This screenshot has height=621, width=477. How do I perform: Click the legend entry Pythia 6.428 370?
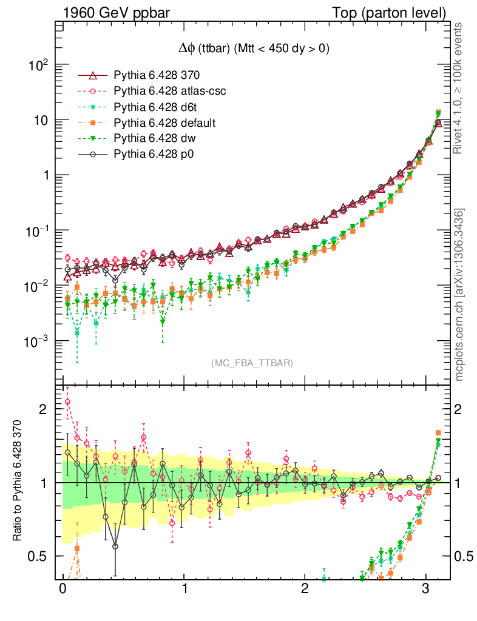click(x=157, y=76)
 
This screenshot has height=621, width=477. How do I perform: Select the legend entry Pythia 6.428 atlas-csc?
click(x=166, y=92)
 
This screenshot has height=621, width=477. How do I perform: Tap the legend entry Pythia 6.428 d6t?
click(x=155, y=107)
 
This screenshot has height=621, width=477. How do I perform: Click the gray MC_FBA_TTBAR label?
click(x=252, y=363)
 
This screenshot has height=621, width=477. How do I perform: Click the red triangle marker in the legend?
click(x=93, y=76)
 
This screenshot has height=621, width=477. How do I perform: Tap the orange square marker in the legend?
click(x=93, y=123)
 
